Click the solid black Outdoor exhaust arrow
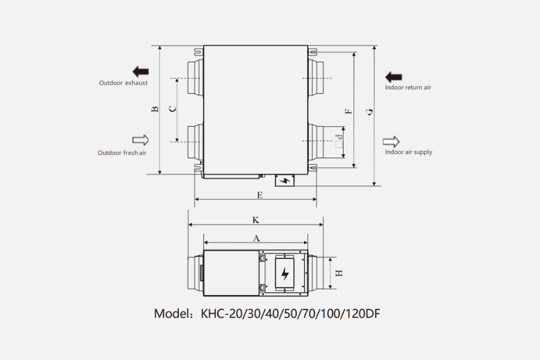pyautogui.click(x=140, y=71)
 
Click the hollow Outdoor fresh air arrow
pyautogui.click(x=140, y=140)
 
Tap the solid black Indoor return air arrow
pyautogui.click(x=394, y=77)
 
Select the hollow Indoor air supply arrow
pyautogui.click(x=391, y=142)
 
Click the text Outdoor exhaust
pyautogui.click(x=123, y=83)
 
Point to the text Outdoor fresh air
pyautogui.click(x=122, y=153)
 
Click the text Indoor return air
pyautogui.click(x=408, y=88)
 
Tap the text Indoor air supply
pyautogui.click(x=408, y=152)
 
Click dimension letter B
pyautogui.click(x=155, y=109)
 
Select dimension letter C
pyautogui.click(x=172, y=109)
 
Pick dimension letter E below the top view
pyautogui.click(x=259, y=195)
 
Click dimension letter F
pyautogui.click(x=348, y=111)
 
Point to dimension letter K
pyautogui.click(x=256, y=220)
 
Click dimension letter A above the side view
pyautogui.click(x=256, y=238)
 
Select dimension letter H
pyautogui.click(x=339, y=273)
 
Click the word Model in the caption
pyautogui.click(x=172, y=314)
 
